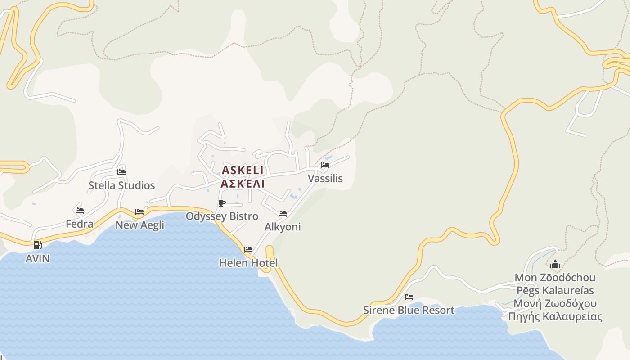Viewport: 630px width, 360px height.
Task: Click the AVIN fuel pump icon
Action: pyautogui.click(x=37, y=245)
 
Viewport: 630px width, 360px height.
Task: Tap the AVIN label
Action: pyautogui.click(x=37, y=259)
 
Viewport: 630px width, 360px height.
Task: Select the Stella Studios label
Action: pyautogui.click(x=121, y=185)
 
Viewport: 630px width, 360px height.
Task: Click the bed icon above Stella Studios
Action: pyautogui.click(x=121, y=172)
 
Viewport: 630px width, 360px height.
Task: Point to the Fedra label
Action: pyautogui.click(x=80, y=224)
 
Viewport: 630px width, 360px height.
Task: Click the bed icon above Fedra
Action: pyautogui.click(x=80, y=210)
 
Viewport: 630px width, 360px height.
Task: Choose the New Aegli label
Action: pyautogui.click(x=140, y=225)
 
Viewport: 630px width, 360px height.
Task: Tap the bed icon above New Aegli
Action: pyautogui.click(x=139, y=211)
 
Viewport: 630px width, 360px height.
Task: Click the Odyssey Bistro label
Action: pyautogui.click(x=222, y=216)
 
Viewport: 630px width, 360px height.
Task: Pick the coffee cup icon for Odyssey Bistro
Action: pyautogui.click(x=222, y=203)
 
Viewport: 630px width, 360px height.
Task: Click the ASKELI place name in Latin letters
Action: pyautogui.click(x=243, y=170)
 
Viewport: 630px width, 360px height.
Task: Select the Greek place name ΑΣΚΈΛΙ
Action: pyautogui.click(x=243, y=184)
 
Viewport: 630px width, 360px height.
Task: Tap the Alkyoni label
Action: pyautogui.click(x=283, y=227)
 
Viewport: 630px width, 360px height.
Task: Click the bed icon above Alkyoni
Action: pyautogui.click(x=283, y=213)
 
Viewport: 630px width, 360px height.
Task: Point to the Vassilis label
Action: pyautogui.click(x=325, y=179)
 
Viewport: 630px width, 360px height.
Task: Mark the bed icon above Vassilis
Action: pyautogui.click(x=325, y=165)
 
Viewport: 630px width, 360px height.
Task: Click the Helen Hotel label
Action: pyautogui.click(x=248, y=263)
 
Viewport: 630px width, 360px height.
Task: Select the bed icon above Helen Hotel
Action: pyautogui.click(x=248, y=249)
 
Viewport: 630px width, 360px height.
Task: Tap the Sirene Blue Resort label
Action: pyautogui.click(x=409, y=310)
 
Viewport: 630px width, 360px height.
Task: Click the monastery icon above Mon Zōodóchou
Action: pyautogui.click(x=555, y=264)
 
